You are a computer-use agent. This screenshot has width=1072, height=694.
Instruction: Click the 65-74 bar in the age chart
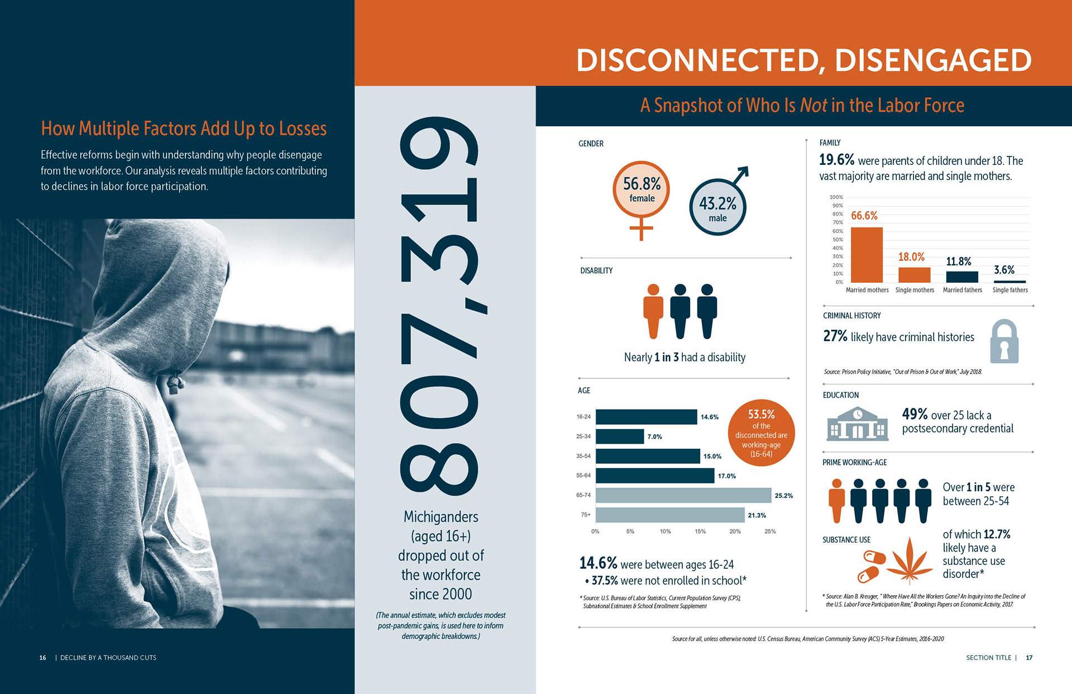point(683,495)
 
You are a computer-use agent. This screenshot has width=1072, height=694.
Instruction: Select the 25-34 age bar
point(620,436)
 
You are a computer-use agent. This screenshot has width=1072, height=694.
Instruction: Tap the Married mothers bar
point(867,255)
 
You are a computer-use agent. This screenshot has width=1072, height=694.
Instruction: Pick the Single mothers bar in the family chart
point(914,275)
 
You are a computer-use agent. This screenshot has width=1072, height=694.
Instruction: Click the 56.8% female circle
point(642,190)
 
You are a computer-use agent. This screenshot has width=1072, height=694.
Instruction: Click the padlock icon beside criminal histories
point(1004,342)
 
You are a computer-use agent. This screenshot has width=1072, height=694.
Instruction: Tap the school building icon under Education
point(857,425)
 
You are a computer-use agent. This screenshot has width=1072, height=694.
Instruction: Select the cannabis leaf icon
point(910,561)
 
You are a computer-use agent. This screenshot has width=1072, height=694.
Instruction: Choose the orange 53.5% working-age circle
point(761,433)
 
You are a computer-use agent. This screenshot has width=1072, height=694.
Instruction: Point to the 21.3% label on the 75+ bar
point(757,515)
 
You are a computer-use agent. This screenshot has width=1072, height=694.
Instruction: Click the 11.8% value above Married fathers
point(959,262)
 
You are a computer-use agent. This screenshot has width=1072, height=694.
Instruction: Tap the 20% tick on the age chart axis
point(735,531)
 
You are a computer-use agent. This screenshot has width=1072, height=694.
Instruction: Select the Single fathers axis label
point(1010,290)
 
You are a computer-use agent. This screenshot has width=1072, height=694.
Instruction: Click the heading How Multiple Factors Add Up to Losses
point(184,129)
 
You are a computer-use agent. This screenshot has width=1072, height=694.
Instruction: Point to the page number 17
point(1029,658)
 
